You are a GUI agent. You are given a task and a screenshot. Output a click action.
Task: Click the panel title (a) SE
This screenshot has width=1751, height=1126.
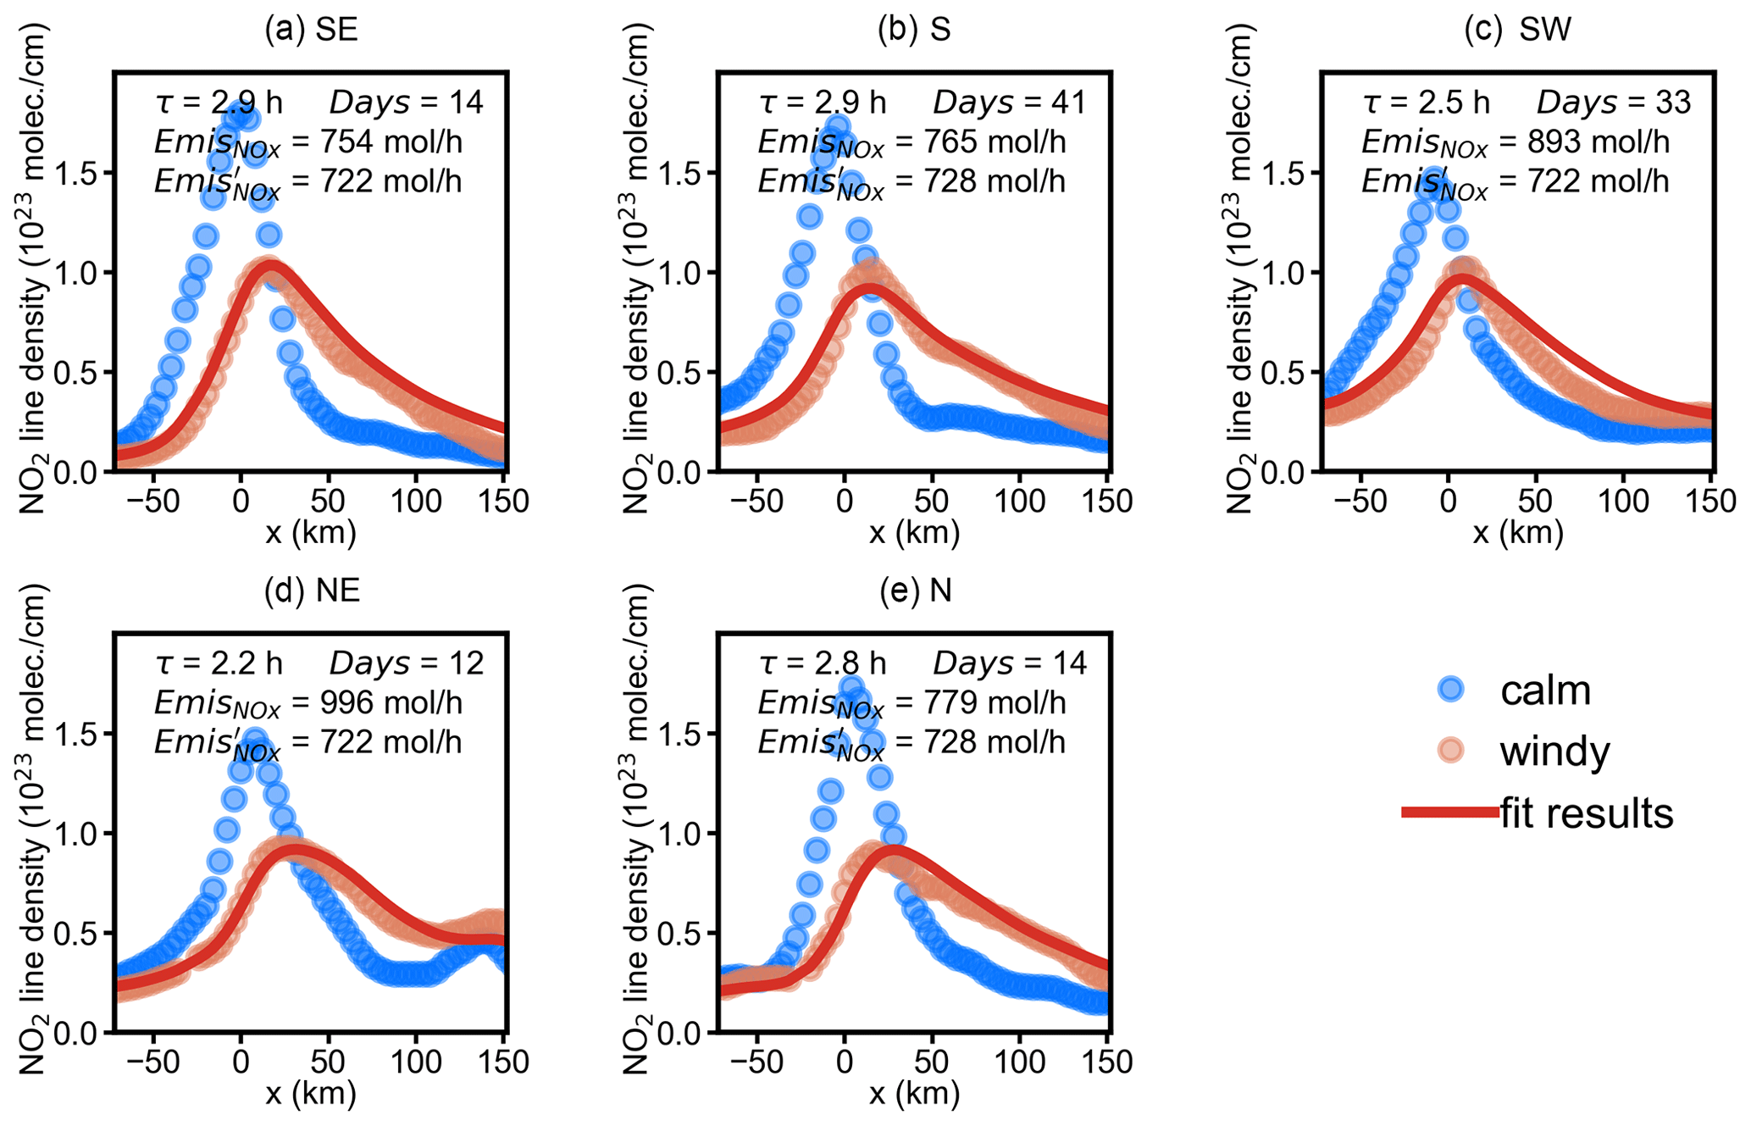[x=311, y=30]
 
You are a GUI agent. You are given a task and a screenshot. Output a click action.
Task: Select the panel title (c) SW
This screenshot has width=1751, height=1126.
[x=1517, y=30]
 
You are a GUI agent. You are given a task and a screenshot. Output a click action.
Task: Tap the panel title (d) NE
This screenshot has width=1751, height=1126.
[x=312, y=591]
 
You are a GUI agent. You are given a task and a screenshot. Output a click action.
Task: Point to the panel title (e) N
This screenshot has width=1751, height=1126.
[x=915, y=591]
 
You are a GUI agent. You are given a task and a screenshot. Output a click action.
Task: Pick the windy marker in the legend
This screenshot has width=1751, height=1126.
[x=1452, y=751]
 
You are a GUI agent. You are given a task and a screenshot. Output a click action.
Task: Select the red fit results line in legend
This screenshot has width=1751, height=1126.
[x=1450, y=813]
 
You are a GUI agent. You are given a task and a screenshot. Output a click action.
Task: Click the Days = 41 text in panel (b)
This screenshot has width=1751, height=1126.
[x=1009, y=103]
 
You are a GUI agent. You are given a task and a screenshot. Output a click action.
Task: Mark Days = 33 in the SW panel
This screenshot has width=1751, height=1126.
[x=1613, y=103]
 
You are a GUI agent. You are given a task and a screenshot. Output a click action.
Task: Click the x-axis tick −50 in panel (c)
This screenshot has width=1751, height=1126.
[x=1360, y=501]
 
